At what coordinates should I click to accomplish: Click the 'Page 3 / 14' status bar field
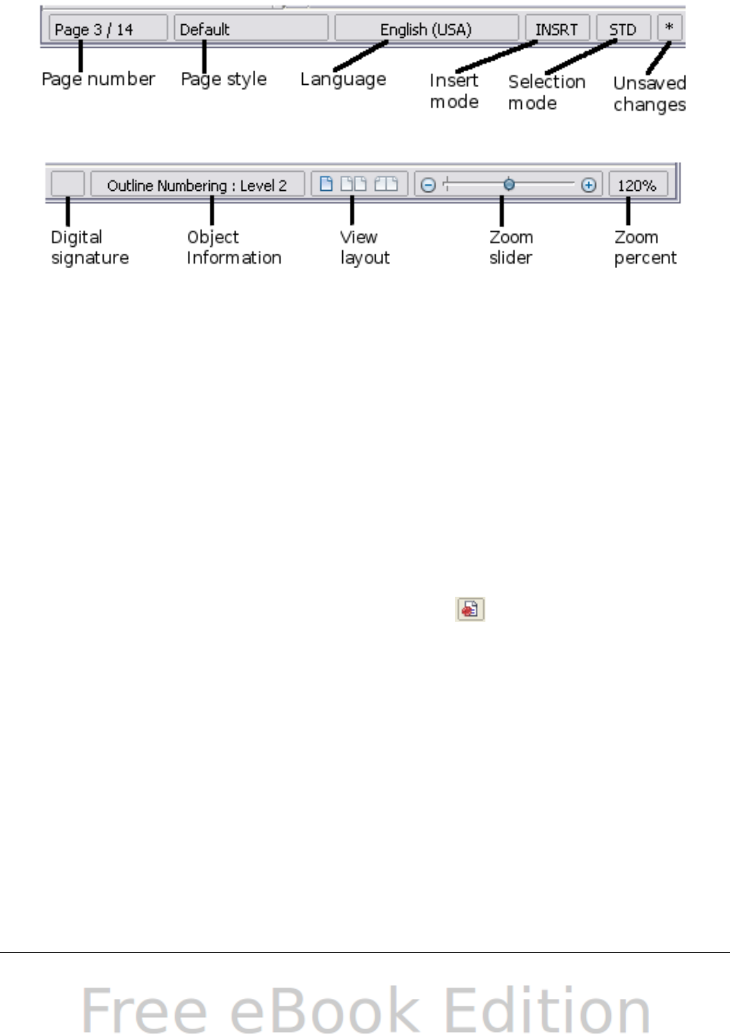pyautogui.click(x=107, y=30)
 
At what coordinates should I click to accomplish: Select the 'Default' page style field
pyautogui.click(x=251, y=30)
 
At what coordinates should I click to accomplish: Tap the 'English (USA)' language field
pyautogui.click(x=426, y=30)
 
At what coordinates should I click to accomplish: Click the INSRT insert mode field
pyautogui.click(x=557, y=30)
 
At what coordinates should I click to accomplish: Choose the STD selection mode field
pyautogui.click(x=622, y=30)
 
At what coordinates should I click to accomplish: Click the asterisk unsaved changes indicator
pyautogui.click(x=669, y=28)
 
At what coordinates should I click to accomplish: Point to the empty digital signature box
pyautogui.click(x=67, y=185)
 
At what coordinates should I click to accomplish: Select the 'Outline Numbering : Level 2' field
pyautogui.click(x=197, y=186)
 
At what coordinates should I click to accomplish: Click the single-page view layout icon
pyautogui.click(x=326, y=184)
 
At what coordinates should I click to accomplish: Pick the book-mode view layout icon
pyautogui.click(x=385, y=184)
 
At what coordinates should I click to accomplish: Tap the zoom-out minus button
pyautogui.click(x=428, y=185)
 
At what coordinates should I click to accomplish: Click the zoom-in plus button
pyautogui.click(x=588, y=185)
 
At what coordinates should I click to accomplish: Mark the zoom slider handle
pyautogui.click(x=509, y=184)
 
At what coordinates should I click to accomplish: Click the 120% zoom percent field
pyautogui.click(x=637, y=186)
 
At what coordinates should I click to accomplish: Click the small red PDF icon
pyautogui.click(x=470, y=609)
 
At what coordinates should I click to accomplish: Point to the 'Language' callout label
pyautogui.click(x=343, y=80)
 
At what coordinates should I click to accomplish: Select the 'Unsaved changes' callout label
pyautogui.click(x=650, y=94)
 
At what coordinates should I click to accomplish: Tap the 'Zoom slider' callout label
pyautogui.click(x=511, y=248)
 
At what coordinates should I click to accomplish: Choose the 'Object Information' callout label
pyautogui.click(x=233, y=248)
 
